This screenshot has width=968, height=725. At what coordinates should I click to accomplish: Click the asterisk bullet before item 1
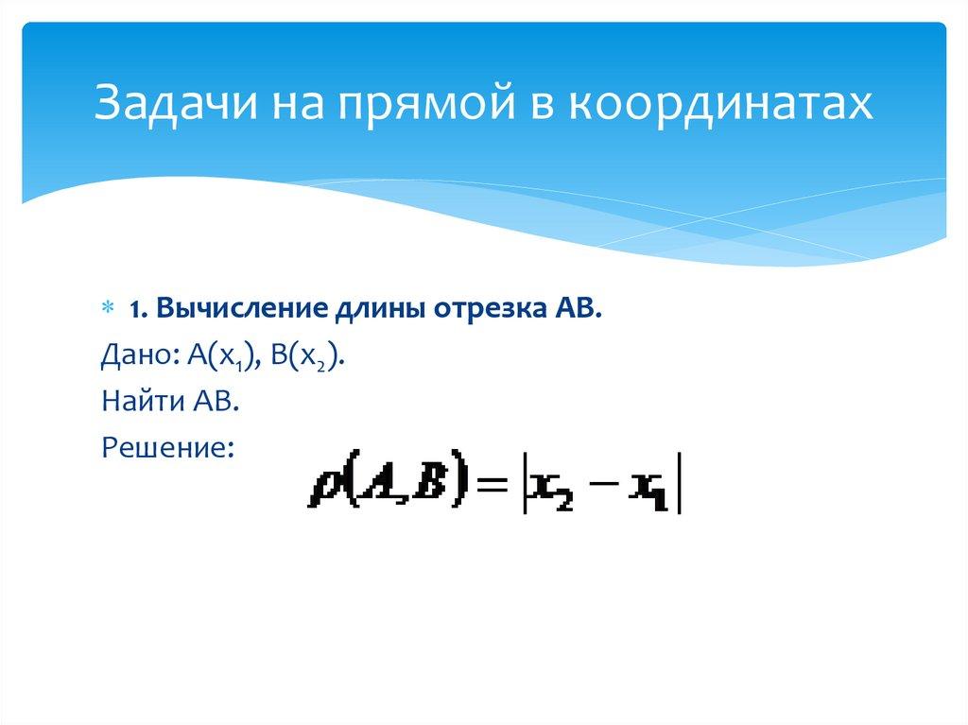(x=107, y=310)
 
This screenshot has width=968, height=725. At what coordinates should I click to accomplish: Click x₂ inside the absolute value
(x=549, y=488)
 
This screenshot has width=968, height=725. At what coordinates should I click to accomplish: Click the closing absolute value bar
(x=680, y=487)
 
